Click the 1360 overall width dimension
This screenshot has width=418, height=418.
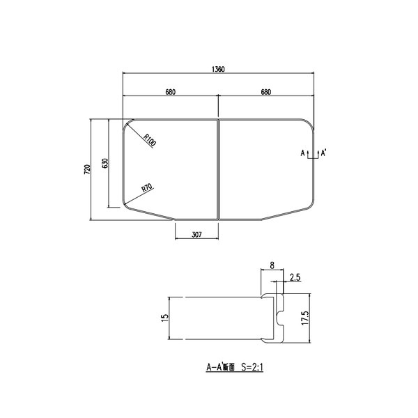coord(219,69)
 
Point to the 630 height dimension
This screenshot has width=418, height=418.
coord(104,164)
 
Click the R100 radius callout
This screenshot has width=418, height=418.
coord(150,139)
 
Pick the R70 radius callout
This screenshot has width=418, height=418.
coord(147,187)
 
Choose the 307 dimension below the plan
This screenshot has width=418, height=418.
coord(196,235)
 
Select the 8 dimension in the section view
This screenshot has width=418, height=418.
coord(272,265)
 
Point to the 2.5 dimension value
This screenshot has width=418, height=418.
coord(294,277)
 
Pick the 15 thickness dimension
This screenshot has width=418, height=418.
coord(164,318)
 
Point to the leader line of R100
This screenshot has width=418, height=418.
coord(134,130)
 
